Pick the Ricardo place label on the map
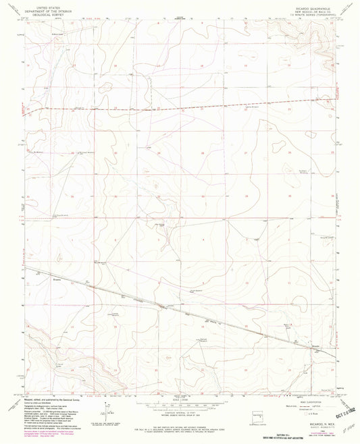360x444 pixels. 315,347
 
